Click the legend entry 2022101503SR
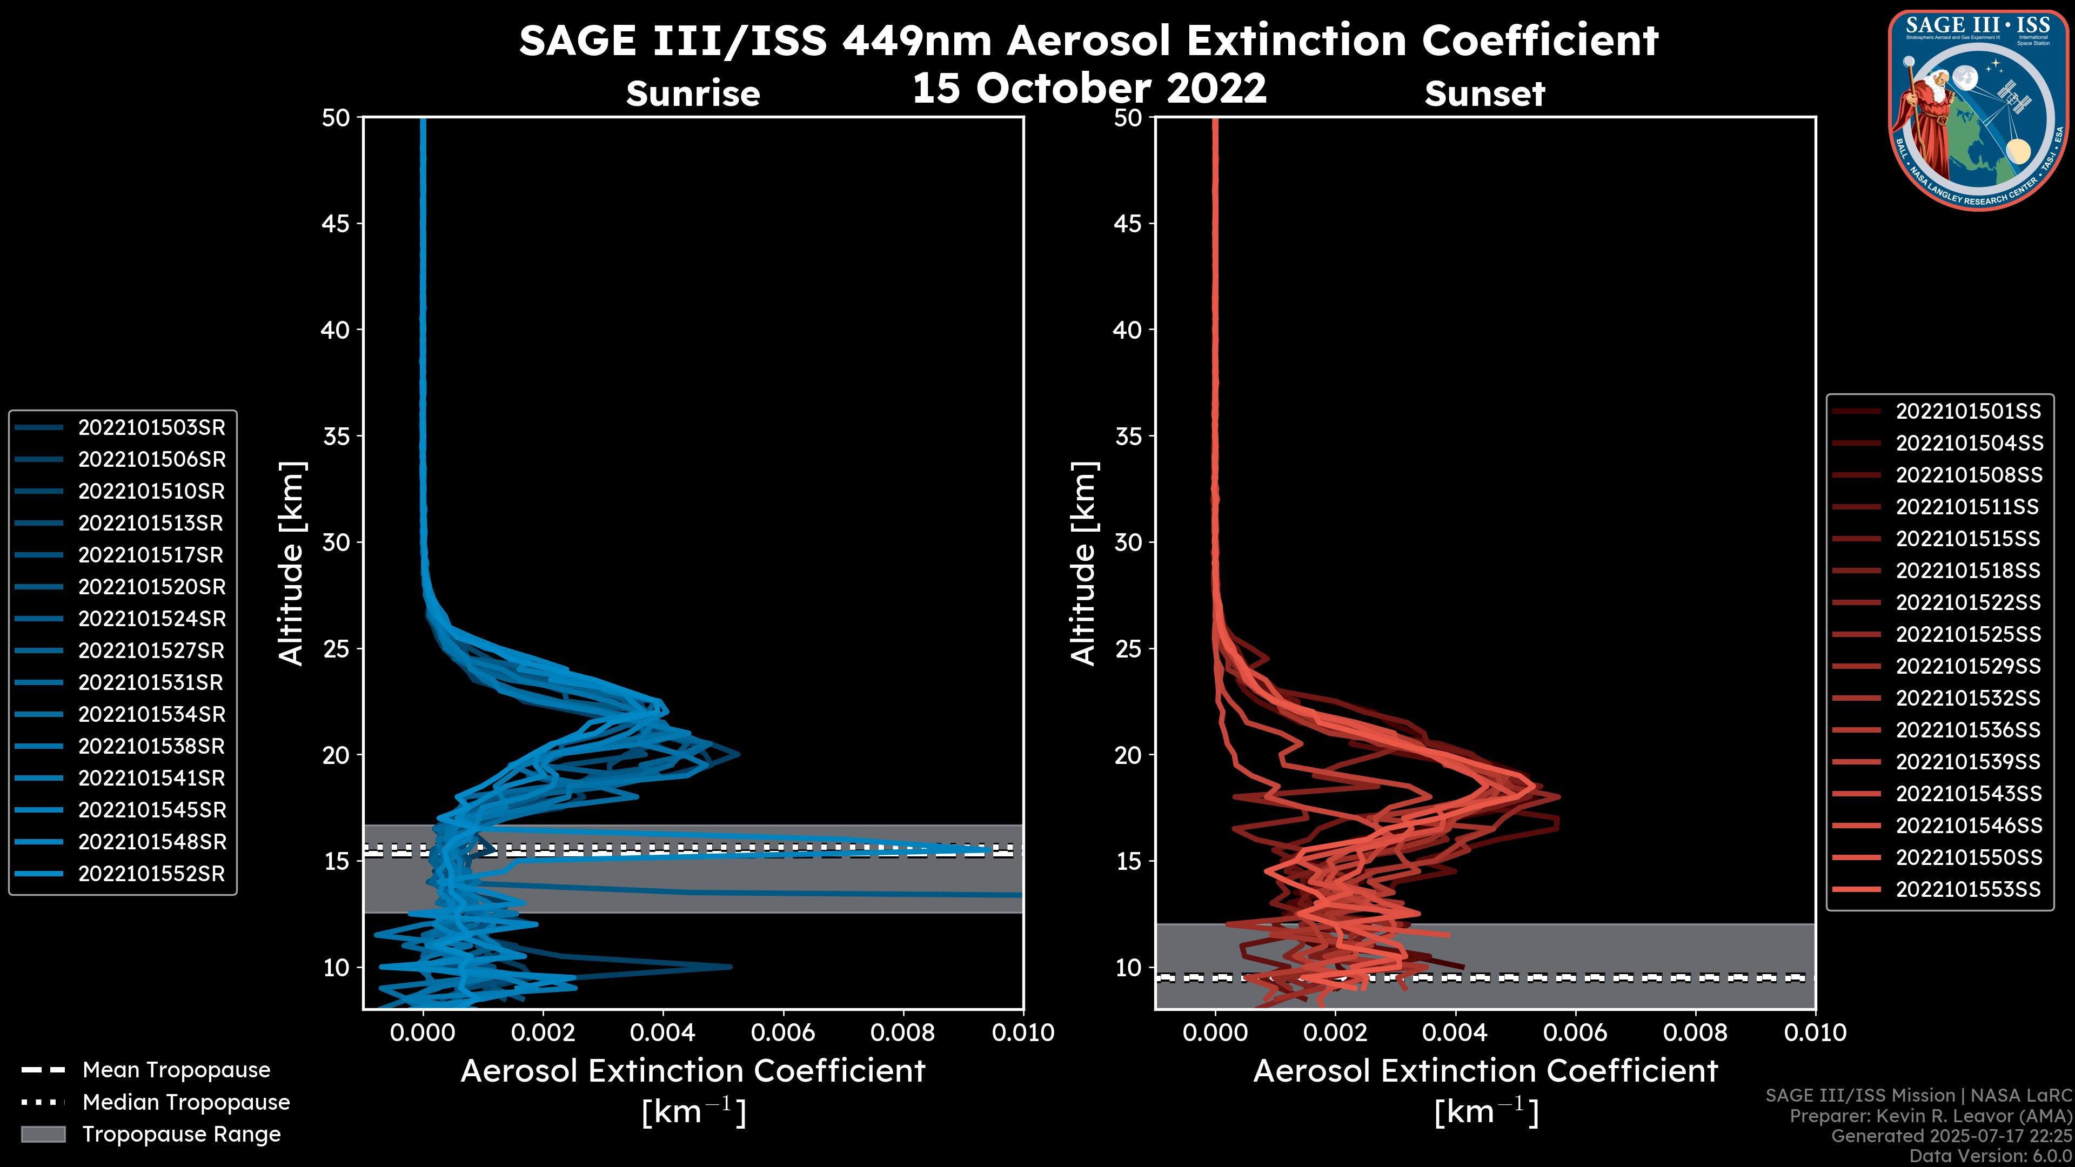click(x=151, y=428)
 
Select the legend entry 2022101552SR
click(x=151, y=874)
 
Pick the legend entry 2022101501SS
click(x=1968, y=412)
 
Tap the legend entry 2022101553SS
click(x=1968, y=889)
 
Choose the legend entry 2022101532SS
click(x=1968, y=698)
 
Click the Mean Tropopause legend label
click(x=176, y=1070)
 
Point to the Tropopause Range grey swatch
click(x=43, y=1134)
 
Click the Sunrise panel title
click(x=693, y=94)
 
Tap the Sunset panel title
click(x=1484, y=94)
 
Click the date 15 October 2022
click(x=1089, y=88)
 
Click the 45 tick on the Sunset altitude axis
click(x=1128, y=224)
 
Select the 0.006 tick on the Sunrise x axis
click(x=783, y=1032)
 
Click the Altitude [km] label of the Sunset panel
click(x=1084, y=564)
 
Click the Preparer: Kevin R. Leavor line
click(x=1930, y=1116)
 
